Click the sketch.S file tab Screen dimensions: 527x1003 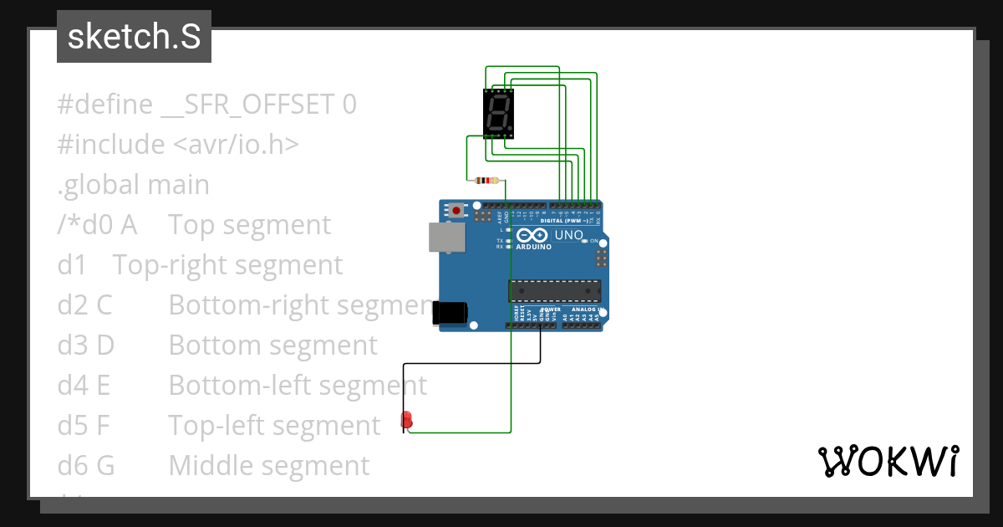pos(134,37)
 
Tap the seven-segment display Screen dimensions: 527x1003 pos(499,114)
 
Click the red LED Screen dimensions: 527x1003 pos(406,419)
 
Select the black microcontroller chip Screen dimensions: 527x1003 pos(554,290)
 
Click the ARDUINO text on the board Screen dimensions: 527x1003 pos(533,248)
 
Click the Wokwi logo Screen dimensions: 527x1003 pos(888,461)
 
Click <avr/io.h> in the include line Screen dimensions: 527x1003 pos(236,145)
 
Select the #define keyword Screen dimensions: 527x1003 pos(104,105)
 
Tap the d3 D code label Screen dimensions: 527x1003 pos(85,345)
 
